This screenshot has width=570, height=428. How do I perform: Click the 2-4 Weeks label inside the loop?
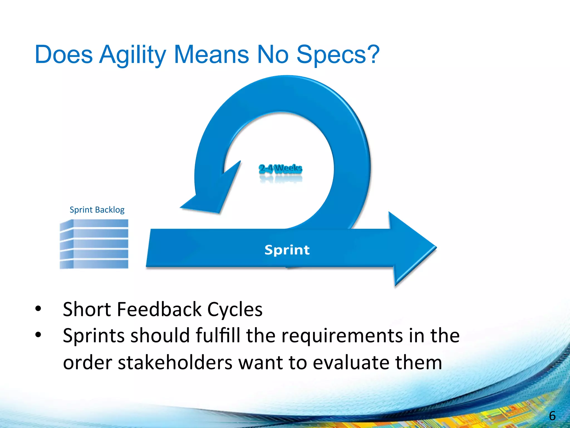tap(280, 168)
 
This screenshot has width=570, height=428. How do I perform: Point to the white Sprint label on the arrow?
tap(287, 250)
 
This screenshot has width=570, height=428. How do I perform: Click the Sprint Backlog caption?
tap(97, 210)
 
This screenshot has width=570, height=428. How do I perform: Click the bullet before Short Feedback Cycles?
tap(38, 308)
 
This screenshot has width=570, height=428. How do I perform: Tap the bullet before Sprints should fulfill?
tap(38, 335)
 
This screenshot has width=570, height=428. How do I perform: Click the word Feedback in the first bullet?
tap(159, 309)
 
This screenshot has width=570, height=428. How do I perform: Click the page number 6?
tap(552, 416)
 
